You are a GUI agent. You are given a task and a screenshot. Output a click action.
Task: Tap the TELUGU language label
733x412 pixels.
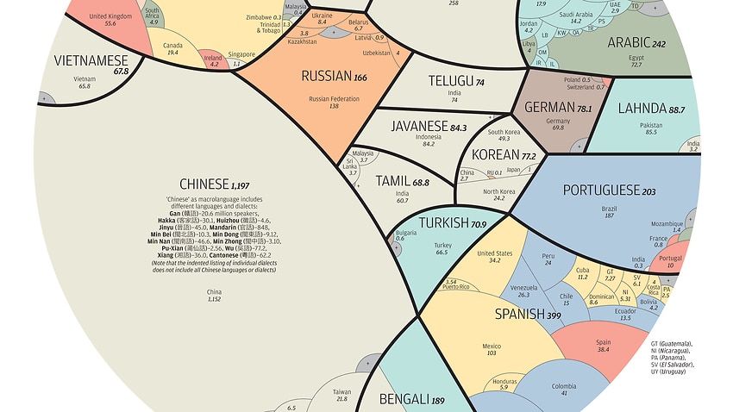click(x=455, y=82)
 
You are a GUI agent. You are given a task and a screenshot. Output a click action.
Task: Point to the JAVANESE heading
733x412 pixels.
click(x=429, y=127)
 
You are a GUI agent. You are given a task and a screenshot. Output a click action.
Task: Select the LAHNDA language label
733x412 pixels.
click(x=651, y=109)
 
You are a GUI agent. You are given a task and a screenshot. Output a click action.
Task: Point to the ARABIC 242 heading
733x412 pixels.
click(x=636, y=42)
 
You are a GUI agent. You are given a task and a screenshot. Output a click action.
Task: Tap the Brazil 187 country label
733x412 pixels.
click(x=610, y=213)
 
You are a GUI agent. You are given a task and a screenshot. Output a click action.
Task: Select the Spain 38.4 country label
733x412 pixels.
click(x=604, y=346)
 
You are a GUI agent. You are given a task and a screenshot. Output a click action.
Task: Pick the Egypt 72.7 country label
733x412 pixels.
click(x=636, y=61)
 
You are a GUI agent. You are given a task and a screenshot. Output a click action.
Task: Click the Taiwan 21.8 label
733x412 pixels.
click(x=341, y=395)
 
